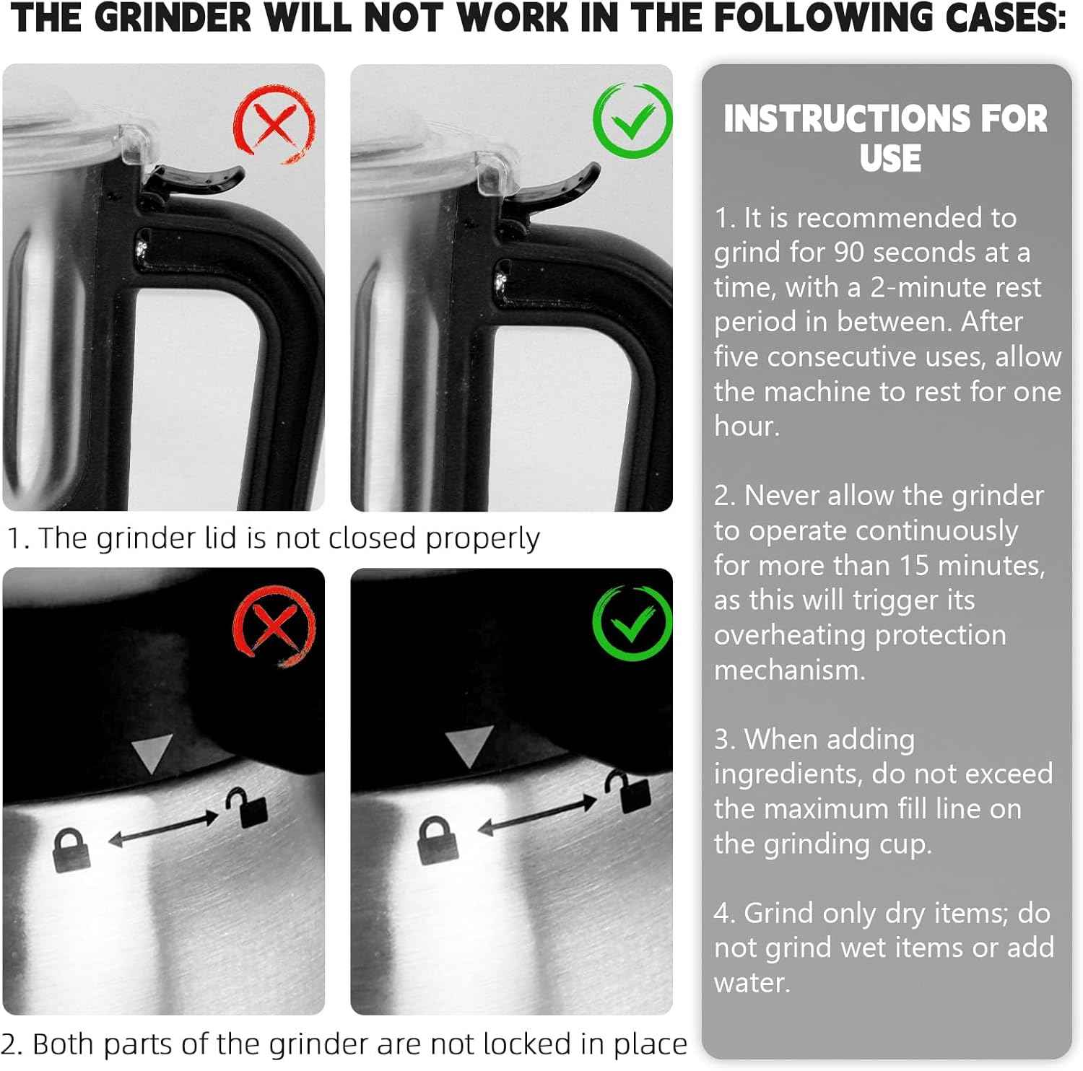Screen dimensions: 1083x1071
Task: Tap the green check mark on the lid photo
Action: click(x=632, y=121)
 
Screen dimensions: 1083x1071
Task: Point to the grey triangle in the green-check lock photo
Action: click(x=469, y=746)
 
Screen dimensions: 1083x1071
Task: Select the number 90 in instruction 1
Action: click(x=849, y=252)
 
